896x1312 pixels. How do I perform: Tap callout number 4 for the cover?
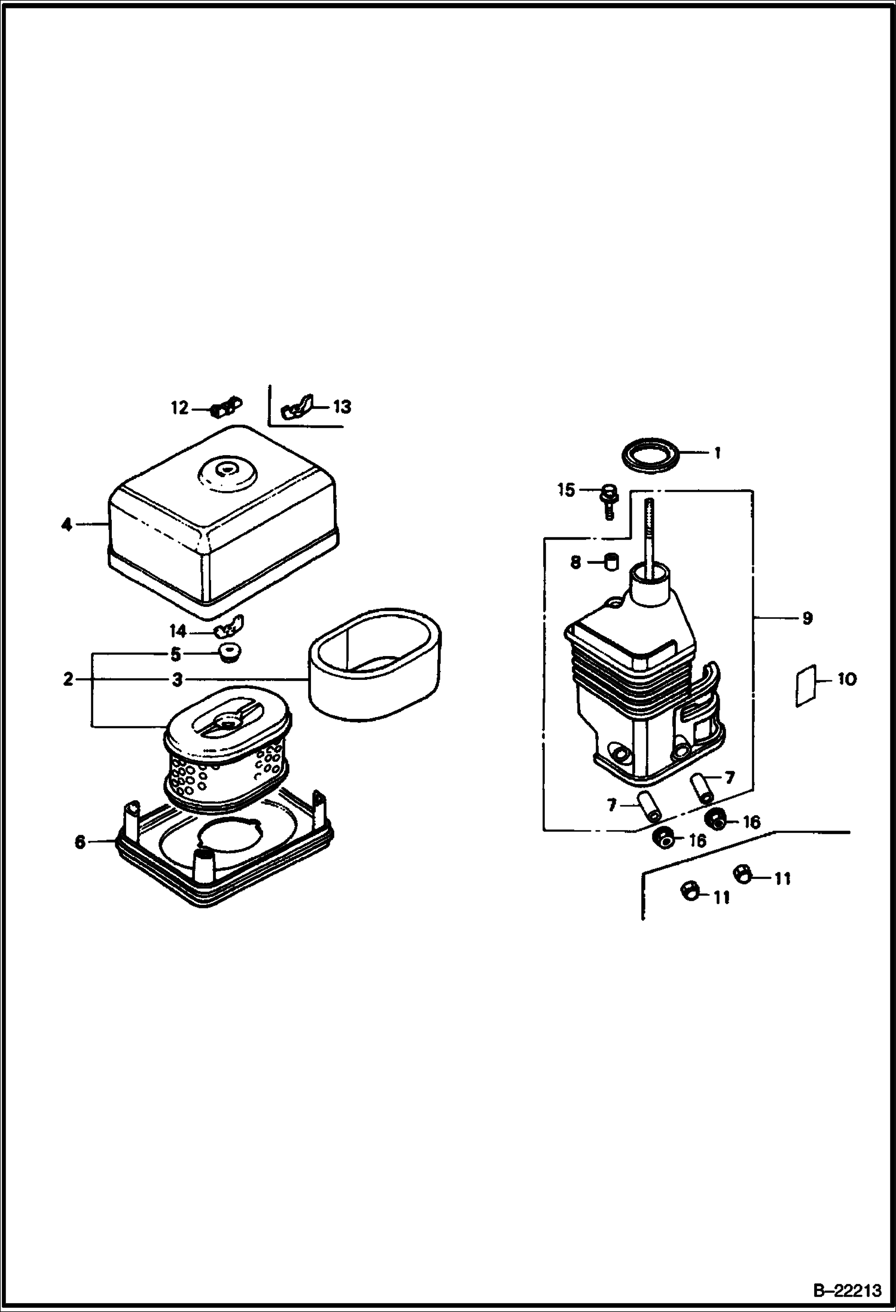click(66, 525)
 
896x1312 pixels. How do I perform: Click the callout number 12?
click(179, 408)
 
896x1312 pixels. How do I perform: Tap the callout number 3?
click(176, 679)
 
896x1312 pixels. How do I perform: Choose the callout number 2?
click(68, 679)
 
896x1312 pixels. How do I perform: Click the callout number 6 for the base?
click(80, 842)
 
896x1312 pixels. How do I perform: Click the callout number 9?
click(807, 618)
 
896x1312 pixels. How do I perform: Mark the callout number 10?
click(847, 679)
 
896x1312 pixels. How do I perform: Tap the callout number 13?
click(342, 407)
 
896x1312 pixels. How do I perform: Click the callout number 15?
click(566, 490)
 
